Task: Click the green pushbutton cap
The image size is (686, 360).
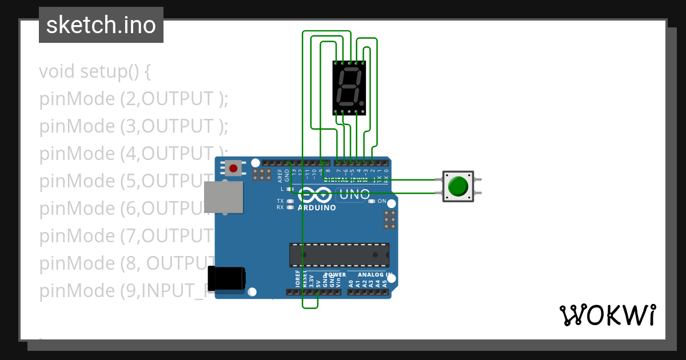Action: [x=458, y=186]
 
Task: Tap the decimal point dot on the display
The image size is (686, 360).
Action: [x=362, y=103]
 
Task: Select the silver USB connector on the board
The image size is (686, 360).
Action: [x=224, y=197]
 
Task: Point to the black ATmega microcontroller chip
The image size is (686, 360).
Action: [x=339, y=255]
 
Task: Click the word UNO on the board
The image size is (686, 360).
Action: [x=354, y=195]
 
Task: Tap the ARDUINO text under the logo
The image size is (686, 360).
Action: [x=317, y=207]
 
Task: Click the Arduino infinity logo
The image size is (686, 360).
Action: [x=314, y=195]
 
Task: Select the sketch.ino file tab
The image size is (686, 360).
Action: [x=101, y=25]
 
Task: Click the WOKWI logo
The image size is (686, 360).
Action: [x=607, y=315]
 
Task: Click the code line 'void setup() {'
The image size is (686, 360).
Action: [x=95, y=72]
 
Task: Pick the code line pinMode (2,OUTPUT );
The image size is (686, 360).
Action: [x=134, y=99]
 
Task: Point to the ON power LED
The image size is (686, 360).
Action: [x=372, y=201]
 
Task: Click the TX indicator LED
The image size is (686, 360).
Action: [x=290, y=201]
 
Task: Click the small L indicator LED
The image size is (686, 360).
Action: [x=290, y=189]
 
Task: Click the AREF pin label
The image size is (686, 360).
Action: [x=280, y=173]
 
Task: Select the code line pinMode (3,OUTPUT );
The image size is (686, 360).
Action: [x=134, y=126]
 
